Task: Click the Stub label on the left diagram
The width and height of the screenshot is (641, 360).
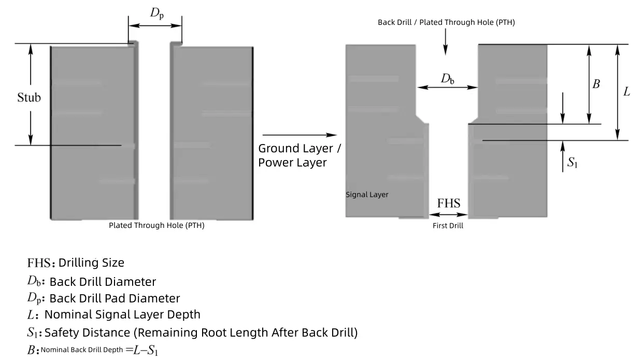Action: pos(29,97)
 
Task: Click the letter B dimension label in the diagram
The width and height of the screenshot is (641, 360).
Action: pos(596,84)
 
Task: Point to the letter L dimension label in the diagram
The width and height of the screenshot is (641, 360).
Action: pos(626,92)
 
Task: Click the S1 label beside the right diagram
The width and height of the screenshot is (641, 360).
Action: pos(572,163)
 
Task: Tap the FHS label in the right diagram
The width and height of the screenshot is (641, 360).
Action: pos(449,203)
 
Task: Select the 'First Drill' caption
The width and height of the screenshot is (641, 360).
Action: pos(448,226)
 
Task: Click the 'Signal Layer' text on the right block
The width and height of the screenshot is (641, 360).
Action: pos(367,195)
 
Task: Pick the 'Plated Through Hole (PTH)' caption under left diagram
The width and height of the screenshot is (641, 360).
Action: pos(156,225)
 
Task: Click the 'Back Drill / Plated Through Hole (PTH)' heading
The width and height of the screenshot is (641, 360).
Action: pos(446,22)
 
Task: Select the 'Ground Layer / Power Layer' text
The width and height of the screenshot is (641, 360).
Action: pos(300,155)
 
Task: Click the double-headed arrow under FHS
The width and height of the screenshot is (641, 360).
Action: pos(449,214)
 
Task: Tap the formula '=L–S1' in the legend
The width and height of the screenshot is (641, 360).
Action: pos(141,350)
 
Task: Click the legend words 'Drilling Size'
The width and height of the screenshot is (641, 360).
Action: pos(91,263)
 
